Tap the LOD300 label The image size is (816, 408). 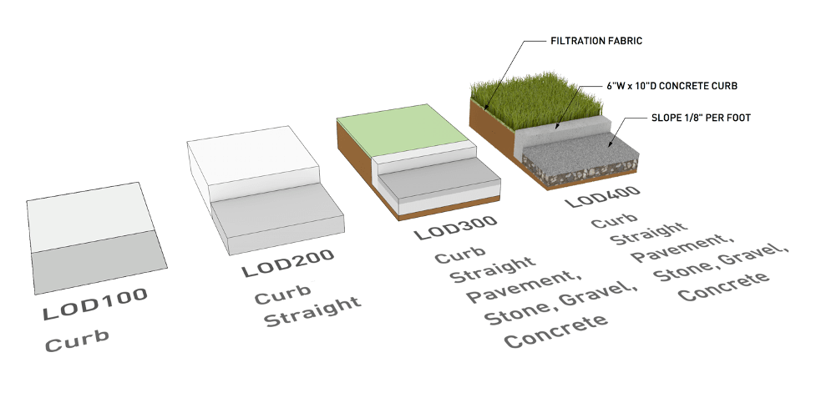(x=456, y=226)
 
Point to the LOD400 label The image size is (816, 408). (x=602, y=196)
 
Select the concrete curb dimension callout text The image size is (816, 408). (x=672, y=85)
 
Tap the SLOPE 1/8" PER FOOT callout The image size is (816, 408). (x=701, y=118)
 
